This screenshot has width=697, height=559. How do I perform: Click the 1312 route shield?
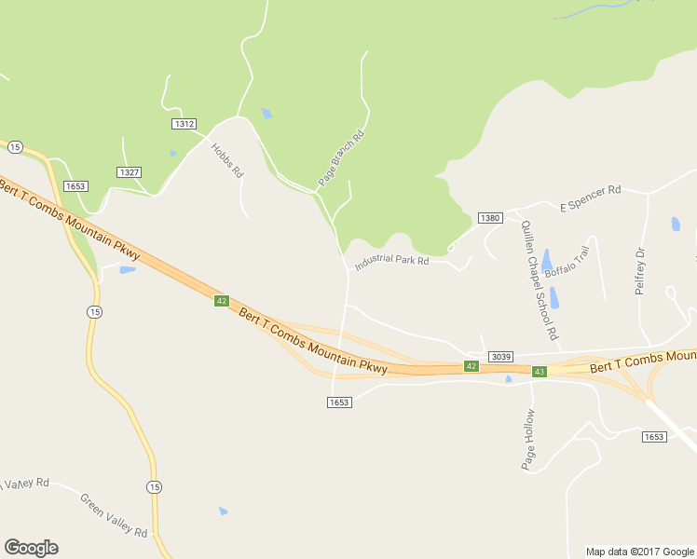click(x=184, y=124)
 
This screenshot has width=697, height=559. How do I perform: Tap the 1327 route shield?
click(x=129, y=172)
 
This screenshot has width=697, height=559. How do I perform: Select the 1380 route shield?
click(x=490, y=218)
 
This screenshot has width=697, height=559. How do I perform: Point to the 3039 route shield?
click(x=500, y=358)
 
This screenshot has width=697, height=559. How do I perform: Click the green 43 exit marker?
click(x=539, y=372)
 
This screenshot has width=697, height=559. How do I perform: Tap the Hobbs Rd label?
click(x=226, y=160)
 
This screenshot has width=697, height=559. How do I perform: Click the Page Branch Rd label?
click(x=340, y=159)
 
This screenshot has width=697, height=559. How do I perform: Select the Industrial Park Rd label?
click(x=391, y=261)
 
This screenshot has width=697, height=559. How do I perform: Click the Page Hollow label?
click(x=528, y=439)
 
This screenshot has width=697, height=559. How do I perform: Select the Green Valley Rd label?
click(x=114, y=516)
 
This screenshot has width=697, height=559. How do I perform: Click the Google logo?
click(x=31, y=547)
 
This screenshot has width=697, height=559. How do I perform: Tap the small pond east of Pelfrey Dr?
click(x=676, y=224)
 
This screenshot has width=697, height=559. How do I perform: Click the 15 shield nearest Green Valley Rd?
click(x=154, y=487)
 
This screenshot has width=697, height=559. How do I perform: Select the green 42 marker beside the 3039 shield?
click(x=471, y=366)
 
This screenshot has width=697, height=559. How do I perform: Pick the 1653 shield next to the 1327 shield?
click(x=75, y=186)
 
